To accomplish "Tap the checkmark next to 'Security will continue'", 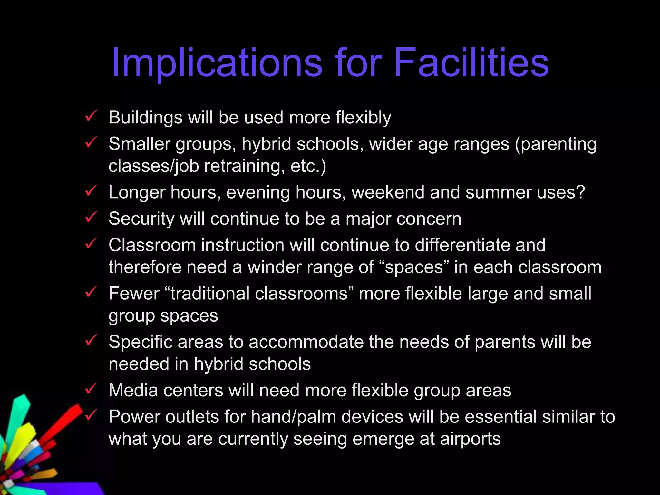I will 91,217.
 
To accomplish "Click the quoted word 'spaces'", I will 414,267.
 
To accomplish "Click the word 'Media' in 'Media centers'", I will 133,391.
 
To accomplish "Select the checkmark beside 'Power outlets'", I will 91,415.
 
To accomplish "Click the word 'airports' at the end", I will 470,439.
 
